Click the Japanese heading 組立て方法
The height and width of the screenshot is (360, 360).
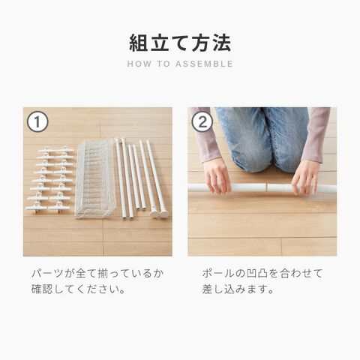point(180,43)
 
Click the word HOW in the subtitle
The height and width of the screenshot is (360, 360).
point(139,64)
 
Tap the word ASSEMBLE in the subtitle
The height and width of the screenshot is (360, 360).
point(204,64)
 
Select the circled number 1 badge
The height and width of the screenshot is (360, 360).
point(37,122)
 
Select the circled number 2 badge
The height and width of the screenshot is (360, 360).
point(202,122)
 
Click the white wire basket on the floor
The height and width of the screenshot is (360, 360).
point(95,178)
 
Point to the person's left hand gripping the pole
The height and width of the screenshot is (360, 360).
point(306,177)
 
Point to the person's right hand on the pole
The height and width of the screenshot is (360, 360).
point(217,175)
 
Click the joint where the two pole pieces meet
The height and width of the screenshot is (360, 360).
point(266,187)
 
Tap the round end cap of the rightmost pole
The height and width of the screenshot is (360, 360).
point(163,214)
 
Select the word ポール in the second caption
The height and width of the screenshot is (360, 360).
point(217,274)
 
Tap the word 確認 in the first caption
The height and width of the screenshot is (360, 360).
point(42,289)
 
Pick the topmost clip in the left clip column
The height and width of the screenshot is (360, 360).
point(47,150)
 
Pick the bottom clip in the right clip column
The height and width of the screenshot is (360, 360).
point(59,207)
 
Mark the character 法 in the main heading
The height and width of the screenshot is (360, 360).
point(222,43)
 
